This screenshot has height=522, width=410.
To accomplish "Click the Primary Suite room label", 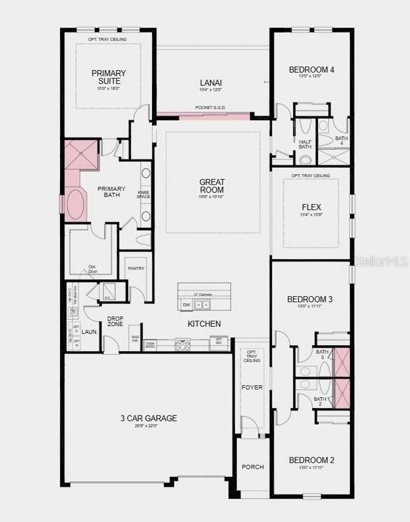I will (x=109, y=77).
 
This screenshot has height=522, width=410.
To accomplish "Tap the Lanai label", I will (x=211, y=83).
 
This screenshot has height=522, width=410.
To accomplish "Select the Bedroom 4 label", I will (x=311, y=70).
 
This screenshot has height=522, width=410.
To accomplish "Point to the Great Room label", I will (x=212, y=186).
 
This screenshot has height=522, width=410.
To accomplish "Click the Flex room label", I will (x=311, y=207).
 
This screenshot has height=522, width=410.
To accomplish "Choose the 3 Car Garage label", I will (x=149, y=418).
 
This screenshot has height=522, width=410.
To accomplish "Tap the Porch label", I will (x=253, y=467).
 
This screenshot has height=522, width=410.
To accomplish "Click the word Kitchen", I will (x=204, y=324).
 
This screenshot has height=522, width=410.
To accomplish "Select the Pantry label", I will (x=136, y=268).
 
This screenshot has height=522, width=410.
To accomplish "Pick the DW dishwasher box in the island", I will (x=186, y=305).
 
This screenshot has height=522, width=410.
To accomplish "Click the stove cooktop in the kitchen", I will (x=183, y=345).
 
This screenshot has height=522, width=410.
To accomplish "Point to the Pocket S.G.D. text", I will (x=210, y=108).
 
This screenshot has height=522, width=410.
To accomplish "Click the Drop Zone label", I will (x=115, y=321).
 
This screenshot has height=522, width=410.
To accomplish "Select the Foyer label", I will (x=252, y=387).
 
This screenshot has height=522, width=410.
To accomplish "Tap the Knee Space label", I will (x=143, y=194).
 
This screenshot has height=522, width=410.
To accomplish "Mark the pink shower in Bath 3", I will (x=342, y=363).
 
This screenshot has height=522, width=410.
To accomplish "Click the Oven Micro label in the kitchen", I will (x=150, y=345).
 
